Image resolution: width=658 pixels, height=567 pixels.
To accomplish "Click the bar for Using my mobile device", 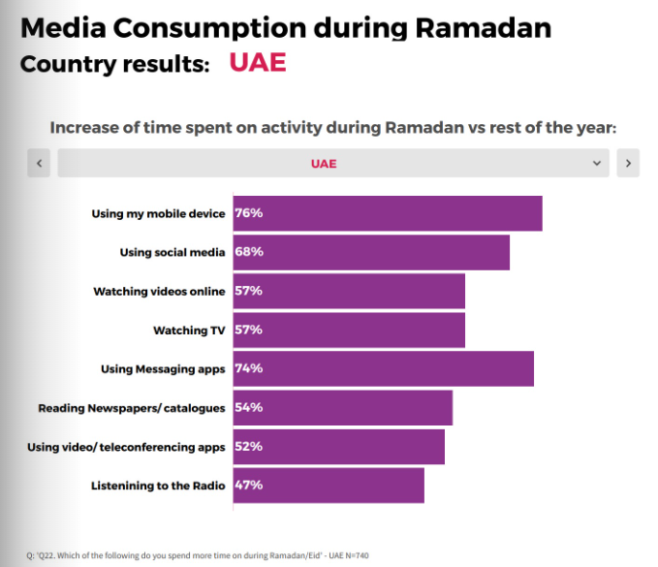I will [388, 213].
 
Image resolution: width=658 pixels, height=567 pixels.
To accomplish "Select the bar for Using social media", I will [371, 252].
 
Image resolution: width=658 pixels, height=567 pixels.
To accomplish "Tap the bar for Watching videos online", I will [349, 291].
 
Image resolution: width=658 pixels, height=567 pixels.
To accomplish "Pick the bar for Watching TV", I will [349, 330].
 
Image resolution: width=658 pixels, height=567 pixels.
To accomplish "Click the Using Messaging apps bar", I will [384, 368].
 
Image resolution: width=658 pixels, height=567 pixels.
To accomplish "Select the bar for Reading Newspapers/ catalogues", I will [343, 407].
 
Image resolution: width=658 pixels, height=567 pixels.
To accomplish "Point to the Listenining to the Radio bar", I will [329, 485].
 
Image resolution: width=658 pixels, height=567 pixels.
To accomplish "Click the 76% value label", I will [249, 213].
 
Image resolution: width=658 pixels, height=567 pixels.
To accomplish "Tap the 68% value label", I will [249, 252].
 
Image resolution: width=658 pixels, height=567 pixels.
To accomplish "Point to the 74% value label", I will [249, 368].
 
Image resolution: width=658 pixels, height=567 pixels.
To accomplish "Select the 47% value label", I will [249, 485].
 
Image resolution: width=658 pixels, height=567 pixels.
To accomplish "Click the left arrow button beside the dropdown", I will [39, 163].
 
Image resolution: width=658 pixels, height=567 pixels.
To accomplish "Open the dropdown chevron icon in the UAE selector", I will [597, 163].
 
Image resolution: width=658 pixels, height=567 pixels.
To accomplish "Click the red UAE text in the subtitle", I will [257, 63].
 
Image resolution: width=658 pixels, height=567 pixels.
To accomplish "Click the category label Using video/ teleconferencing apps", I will [126, 447].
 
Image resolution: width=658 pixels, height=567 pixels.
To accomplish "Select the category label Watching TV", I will [189, 331].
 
